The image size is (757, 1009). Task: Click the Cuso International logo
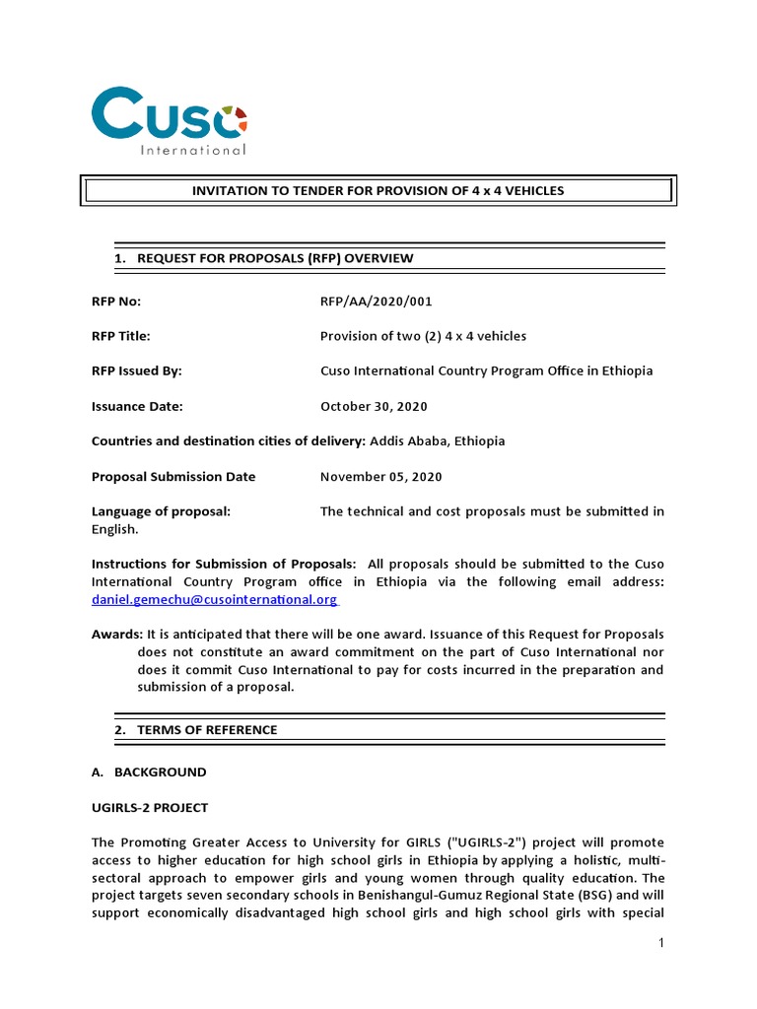click(169, 121)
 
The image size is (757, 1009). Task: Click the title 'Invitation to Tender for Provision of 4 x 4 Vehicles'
click(378, 190)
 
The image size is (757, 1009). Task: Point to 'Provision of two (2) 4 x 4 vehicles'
click(423, 336)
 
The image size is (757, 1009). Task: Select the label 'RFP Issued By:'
click(137, 371)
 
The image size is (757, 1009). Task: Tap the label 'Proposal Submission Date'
click(173, 477)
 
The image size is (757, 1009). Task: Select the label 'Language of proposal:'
click(161, 511)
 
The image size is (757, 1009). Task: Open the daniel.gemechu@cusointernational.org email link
click(214, 599)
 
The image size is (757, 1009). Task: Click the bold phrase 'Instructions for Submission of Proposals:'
click(224, 564)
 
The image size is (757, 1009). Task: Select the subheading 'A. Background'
click(149, 773)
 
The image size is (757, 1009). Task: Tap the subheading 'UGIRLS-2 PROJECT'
click(150, 808)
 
